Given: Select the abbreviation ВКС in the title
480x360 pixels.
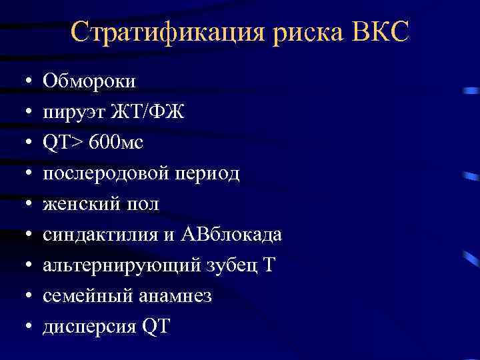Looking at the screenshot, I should click(x=377, y=32).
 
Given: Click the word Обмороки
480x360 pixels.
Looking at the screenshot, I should click(x=89, y=81).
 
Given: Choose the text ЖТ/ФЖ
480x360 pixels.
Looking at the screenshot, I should click(x=147, y=112).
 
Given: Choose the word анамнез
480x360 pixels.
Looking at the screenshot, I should click(x=176, y=296).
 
